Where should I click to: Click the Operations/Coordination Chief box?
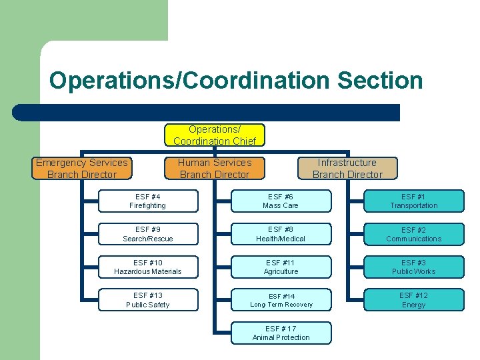(x=215, y=135)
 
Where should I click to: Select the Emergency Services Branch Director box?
(x=81, y=169)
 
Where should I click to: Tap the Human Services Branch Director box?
(x=215, y=169)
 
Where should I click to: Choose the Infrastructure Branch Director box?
(x=347, y=169)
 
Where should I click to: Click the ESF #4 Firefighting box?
(x=148, y=201)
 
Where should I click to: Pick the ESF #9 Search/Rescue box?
(x=148, y=234)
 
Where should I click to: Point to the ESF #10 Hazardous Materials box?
(x=148, y=267)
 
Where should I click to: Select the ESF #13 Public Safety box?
(x=148, y=300)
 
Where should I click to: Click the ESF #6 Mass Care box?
(x=281, y=201)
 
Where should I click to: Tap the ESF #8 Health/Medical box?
(x=281, y=234)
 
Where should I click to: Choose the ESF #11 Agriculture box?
(x=281, y=267)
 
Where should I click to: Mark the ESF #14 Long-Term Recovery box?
(x=281, y=300)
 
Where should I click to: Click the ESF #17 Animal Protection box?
(x=281, y=333)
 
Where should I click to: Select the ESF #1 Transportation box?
(x=413, y=201)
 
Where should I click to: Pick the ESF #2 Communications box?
(x=413, y=234)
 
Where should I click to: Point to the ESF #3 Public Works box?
(x=413, y=267)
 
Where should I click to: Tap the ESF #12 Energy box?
(x=413, y=300)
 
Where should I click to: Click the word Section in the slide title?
(x=380, y=81)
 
